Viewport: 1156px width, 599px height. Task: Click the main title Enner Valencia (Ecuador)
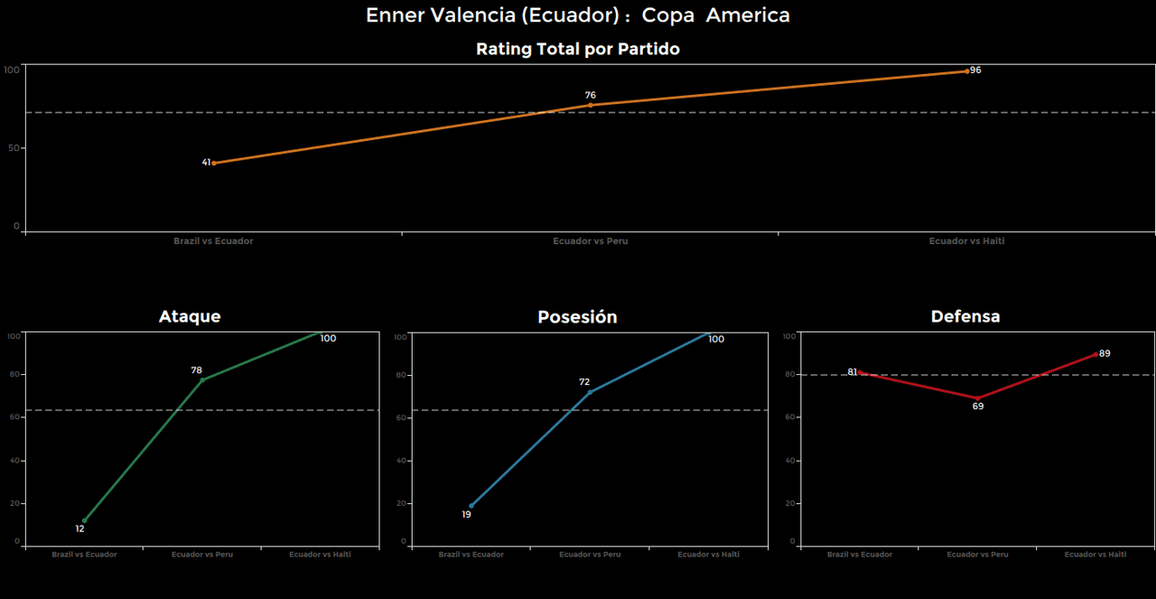(578, 15)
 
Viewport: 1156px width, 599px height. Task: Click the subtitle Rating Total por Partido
(578, 50)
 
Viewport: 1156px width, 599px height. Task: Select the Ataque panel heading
(190, 316)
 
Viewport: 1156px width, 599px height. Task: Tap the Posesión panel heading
(577, 317)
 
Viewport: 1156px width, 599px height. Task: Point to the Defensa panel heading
(965, 316)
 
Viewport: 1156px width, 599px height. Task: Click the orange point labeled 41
(213, 163)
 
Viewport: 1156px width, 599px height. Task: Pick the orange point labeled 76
(591, 105)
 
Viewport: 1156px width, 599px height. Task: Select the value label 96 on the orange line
(975, 70)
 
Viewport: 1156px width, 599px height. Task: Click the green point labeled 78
(202, 379)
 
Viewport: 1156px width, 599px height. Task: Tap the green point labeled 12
(84, 520)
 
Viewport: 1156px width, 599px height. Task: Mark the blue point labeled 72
(590, 392)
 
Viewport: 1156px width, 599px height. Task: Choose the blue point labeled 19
(471, 506)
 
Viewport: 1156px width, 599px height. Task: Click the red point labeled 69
(977, 398)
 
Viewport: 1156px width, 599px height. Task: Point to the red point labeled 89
(1095, 354)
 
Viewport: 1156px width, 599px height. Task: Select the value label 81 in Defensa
(853, 372)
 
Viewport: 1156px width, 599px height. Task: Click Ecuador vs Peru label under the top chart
(591, 241)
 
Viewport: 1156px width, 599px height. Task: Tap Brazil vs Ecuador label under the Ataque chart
(84, 555)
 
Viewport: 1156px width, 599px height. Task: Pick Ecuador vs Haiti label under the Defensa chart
(1095, 555)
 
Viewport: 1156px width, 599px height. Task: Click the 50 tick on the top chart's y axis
(14, 148)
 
